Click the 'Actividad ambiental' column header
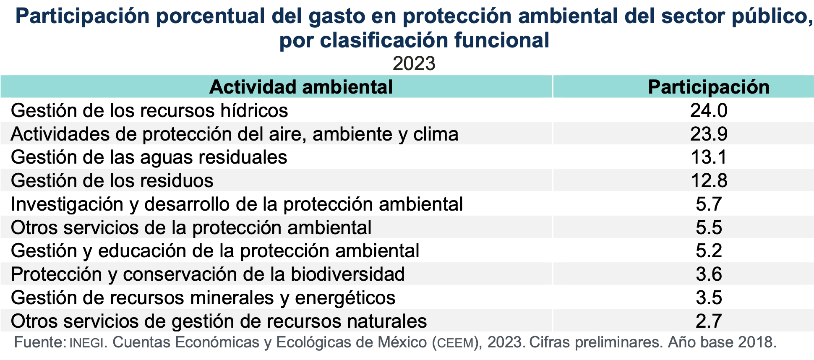tap(301, 87)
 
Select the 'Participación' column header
tap(709, 87)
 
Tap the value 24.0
tap(709, 110)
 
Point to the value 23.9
tap(709, 134)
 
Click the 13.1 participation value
tap(709, 157)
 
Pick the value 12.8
tap(709, 180)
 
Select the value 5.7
tap(709, 204)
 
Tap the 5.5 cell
tap(709, 227)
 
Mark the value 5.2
tap(709, 250)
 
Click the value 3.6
tap(709, 274)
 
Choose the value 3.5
tap(709, 297)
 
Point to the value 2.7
tap(709, 321)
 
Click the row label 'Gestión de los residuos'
tap(112, 181)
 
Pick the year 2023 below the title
tap(414, 63)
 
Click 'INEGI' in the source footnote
tap(86, 343)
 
